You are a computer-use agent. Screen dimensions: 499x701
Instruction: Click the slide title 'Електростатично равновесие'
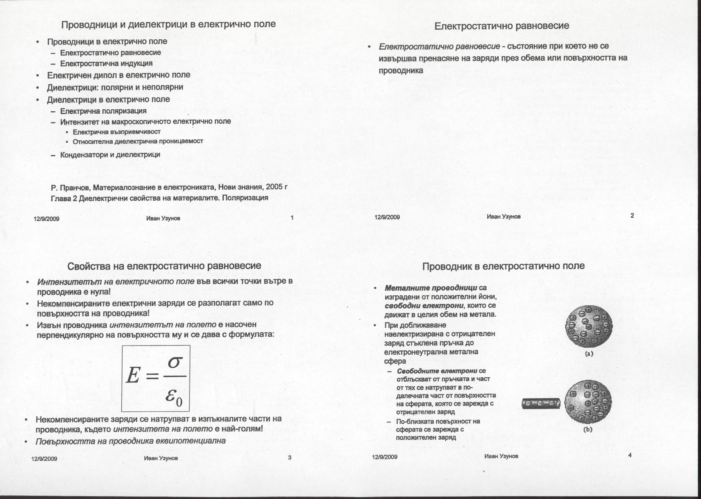click(502, 26)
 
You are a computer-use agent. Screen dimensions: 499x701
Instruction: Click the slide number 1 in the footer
click(292, 218)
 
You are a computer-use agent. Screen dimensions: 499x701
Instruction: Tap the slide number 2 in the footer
click(632, 216)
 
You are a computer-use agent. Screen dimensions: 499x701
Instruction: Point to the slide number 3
click(290, 457)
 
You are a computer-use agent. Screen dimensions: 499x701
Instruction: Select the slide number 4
click(629, 455)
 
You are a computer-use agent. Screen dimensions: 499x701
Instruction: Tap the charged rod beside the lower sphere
click(541, 403)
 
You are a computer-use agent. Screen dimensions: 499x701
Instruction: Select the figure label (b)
click(588, 429)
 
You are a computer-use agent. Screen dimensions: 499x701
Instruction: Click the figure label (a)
click(589, 354)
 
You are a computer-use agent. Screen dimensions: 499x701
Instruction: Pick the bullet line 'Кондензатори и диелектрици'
click(110, 155)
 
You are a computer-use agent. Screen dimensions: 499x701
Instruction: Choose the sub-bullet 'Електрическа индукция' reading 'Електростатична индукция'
click(106, 63)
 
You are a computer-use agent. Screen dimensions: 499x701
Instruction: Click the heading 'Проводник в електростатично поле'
click(503, 266)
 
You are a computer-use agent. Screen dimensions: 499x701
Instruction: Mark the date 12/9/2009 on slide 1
click(46, 219)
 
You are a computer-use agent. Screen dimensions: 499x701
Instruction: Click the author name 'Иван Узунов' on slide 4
click(501, 456)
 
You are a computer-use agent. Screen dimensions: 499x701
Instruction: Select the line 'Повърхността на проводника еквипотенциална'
click(131, 441)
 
